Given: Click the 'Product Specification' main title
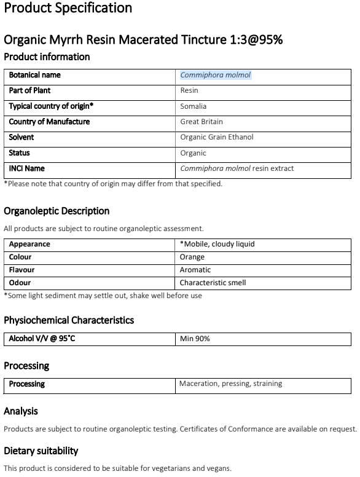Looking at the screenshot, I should pos(68,9).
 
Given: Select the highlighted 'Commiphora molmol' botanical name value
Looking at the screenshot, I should pos(216,75).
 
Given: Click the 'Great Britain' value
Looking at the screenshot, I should pos(202,122).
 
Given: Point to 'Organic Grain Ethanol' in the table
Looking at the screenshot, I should pos(217,137).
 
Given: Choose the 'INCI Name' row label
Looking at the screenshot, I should pos(27,168).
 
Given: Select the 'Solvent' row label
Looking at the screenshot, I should pos(22,137).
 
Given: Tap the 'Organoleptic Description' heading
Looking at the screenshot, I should pos(57,211).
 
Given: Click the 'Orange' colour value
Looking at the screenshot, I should pos(192,257).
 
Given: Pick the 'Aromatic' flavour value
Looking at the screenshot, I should pos(195,270).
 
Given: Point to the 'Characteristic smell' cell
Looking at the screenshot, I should pos(213,283).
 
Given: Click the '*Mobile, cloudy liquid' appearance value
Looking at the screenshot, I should pos(217,244).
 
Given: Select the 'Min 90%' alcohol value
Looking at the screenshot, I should pos(195,339).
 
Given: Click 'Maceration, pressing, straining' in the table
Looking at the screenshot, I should pos(230,384).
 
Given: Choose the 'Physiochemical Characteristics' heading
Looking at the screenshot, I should pos(69,320).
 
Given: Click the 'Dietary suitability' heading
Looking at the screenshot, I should pos(41,451).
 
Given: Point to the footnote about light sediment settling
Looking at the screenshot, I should pos(103,296).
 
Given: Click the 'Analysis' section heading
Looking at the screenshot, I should pos(21,411).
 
